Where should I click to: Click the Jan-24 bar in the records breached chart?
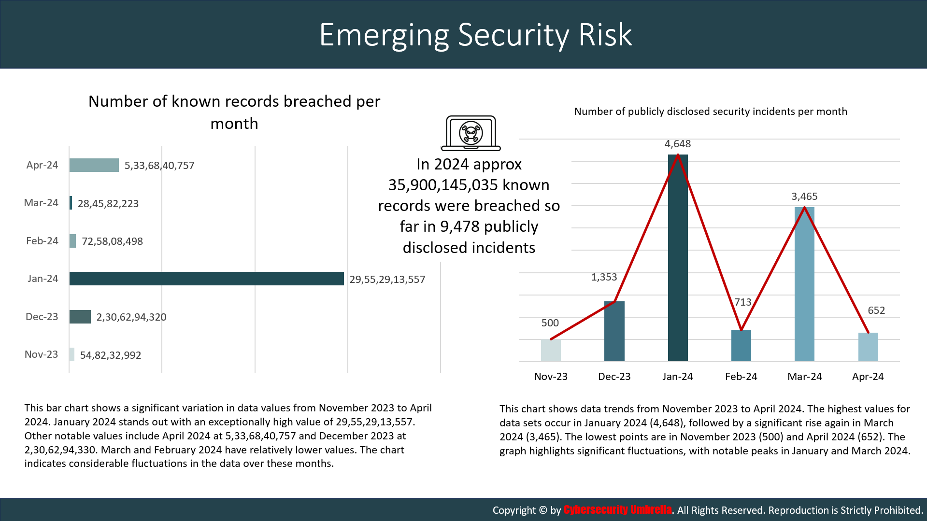[x=206, y=279]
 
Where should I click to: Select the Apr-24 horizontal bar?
[x=94, y=165]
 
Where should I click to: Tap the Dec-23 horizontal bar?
[x=80, y=317]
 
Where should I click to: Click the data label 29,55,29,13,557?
[x=387, y=280]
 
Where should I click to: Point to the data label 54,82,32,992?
[x=111, y=355]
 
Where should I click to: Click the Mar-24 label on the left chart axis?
[x=41, y=203]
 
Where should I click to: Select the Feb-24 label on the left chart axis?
[x=42, y=241]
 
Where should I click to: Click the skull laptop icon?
[x=471, y=133]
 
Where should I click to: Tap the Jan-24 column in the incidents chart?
[x=678, y=258]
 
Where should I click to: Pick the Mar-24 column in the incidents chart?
[x=804, y=284]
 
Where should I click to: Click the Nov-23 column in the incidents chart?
[x=551, y=350]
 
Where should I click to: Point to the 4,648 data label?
[x=678, y=144]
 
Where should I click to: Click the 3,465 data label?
[x=804, y=197]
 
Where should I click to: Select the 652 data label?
[x=876, y=310]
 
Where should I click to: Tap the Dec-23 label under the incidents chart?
[x=614, y=377]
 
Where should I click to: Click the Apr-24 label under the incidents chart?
[x=868, y=377]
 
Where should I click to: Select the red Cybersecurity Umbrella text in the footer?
[x=617, y=510]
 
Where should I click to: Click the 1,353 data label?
[x=604, y=277]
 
